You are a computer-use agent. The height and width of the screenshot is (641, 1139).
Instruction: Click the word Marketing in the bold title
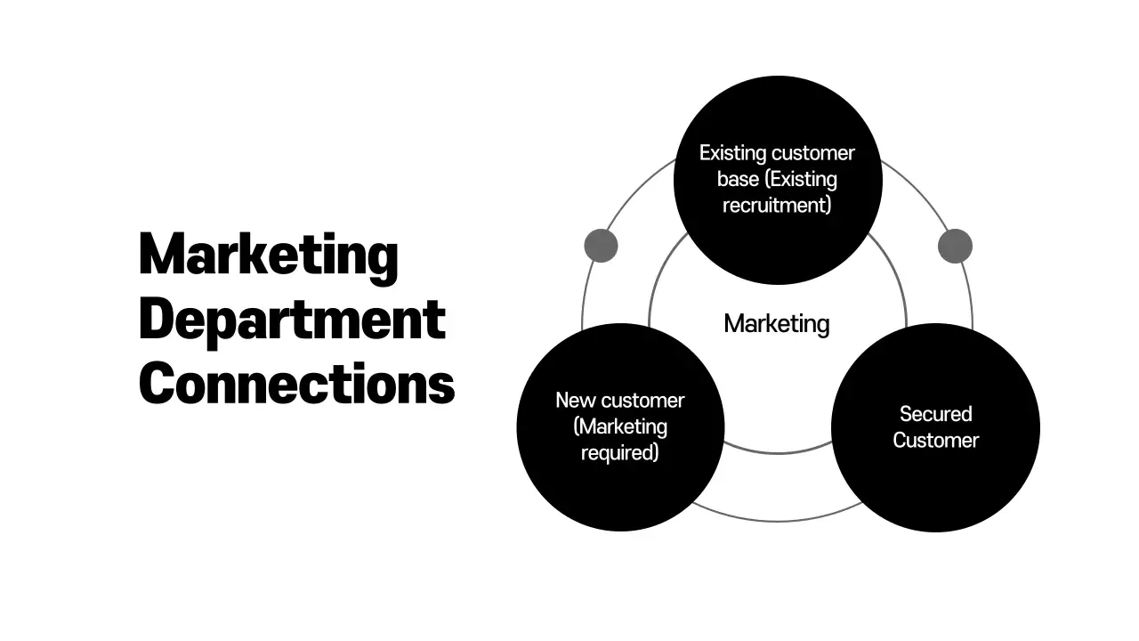pyautogui.click(x=268, y=256)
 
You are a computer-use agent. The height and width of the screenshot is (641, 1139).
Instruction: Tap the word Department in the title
pyautogui.click(x=292, y=320)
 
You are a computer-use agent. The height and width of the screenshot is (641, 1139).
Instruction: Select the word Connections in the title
pyautogui.click(x=296, y=384)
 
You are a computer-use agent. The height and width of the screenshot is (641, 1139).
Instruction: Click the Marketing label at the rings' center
pyautogui.click(x=776, y=323)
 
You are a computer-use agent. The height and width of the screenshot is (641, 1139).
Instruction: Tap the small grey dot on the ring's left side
pyautogui.click(x=601, y=246)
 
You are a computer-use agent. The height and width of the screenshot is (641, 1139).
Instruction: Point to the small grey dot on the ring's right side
pyautogui.click(x=955, y=246)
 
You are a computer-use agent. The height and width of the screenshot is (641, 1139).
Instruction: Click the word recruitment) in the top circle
pyautogui.click(x=777, y=205)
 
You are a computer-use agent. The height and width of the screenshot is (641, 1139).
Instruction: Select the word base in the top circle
pyautogui.click(x=738, y=179)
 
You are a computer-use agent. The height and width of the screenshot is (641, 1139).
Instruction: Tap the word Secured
pyautogui.click(x=935, y=414)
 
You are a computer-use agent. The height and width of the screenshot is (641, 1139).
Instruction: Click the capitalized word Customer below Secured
pyautogui.click(x=935, y=441)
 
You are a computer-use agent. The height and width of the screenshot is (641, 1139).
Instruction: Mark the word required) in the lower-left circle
pyautogui.click(x=620, y=452)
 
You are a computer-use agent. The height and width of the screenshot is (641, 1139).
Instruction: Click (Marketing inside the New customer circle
pyautogui.click(x=620, y=426)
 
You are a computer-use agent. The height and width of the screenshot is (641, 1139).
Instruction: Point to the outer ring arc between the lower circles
pyautogui.click(x=777, y=520)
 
